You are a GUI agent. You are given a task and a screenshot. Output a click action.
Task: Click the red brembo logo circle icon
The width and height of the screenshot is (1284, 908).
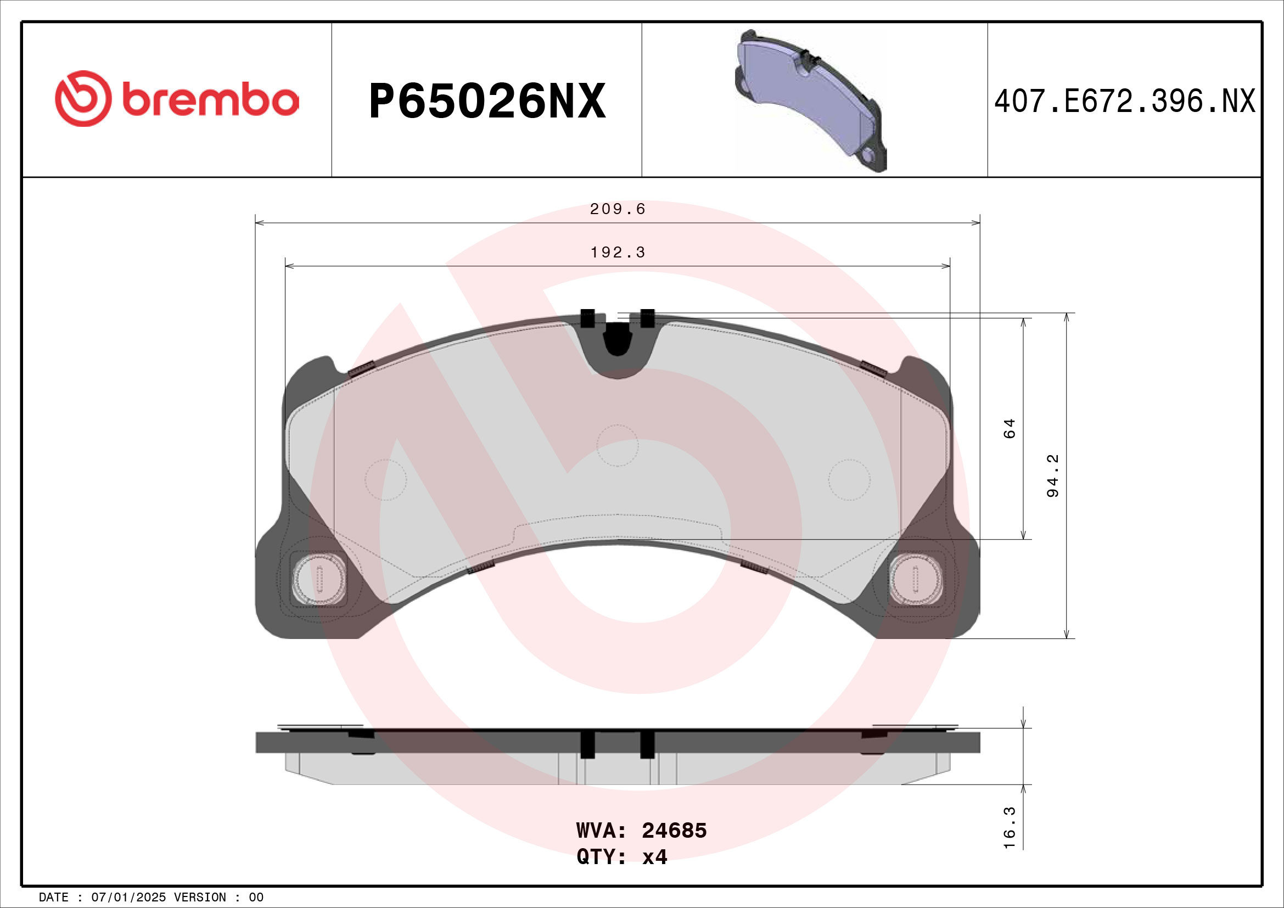coord(83,98)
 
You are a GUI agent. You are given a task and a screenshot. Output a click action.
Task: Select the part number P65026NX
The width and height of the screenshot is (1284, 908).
coord(486,101)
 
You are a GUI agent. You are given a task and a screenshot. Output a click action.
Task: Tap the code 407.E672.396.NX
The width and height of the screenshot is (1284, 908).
coord(1124,102)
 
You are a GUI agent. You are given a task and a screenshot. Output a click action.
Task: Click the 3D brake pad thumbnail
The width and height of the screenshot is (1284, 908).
coord(810,100)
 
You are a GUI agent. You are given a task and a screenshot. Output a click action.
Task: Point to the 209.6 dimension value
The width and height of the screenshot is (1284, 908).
coord(618,209)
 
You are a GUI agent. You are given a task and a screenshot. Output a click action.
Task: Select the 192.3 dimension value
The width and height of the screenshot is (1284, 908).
coord(618,253)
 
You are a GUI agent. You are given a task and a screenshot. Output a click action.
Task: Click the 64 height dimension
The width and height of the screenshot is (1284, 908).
coord(1010,429)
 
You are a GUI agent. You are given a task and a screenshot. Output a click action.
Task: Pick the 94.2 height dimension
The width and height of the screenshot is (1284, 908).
coord(1052,476)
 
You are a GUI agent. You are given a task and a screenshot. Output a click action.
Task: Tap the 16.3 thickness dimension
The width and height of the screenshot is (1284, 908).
coord(1010,836)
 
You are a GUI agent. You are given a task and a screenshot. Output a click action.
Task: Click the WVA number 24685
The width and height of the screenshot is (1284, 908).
coord(674,831)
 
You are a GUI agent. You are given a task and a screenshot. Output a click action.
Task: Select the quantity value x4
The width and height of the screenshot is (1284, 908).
coord(654,857)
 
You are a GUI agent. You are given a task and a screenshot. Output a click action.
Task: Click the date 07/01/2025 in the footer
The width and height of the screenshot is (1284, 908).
coord(128,898)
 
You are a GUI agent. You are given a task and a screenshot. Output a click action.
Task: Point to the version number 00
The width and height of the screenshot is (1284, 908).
coord(256,898)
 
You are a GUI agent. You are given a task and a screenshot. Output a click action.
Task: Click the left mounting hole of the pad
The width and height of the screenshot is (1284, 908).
coord(319,579)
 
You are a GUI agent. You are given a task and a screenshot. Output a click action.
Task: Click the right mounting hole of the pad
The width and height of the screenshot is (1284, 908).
coord(916,579)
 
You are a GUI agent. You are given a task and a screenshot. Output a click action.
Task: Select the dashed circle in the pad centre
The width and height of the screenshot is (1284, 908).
coord(618,446)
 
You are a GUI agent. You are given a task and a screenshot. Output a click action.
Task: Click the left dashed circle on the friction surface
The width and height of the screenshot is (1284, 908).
coord(385,480)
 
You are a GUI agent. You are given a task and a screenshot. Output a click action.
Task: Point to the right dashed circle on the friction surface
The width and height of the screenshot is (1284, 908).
coord(849,480)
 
